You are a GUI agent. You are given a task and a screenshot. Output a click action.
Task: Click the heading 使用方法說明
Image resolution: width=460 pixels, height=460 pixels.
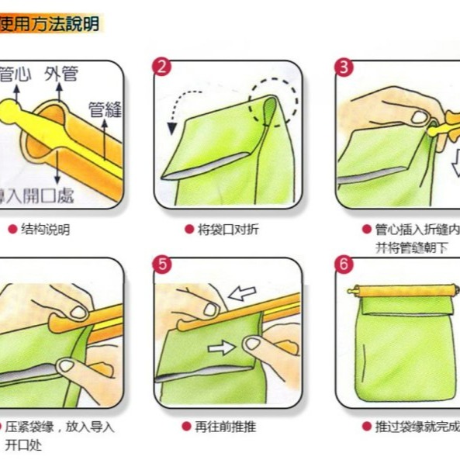point(50,24)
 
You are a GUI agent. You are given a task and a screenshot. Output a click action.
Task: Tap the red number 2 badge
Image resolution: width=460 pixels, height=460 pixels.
point(162,67)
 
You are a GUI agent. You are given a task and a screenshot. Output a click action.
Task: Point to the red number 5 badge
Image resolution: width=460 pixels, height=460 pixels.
point(162,264)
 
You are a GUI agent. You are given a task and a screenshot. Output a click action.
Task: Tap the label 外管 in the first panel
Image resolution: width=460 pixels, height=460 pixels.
point(61,74)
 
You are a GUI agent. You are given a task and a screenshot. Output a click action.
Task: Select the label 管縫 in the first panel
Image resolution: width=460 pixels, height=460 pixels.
point(105,109)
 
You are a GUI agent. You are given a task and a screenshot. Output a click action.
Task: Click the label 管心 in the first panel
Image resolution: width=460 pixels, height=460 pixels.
point(15,75)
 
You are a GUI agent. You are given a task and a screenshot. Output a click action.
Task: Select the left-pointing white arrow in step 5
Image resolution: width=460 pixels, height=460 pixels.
point(243,293)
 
